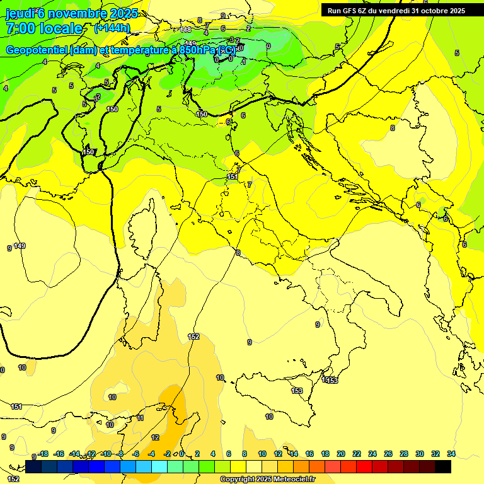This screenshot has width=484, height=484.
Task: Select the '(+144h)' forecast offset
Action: (x=112, y=28)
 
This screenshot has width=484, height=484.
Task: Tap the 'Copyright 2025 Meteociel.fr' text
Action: (x=267, y=480)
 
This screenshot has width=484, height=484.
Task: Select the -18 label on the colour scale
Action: (x=43, y=454)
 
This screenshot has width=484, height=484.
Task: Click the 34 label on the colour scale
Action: (x=451, y=454)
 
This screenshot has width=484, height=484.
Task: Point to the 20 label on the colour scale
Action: (x=341, y=454)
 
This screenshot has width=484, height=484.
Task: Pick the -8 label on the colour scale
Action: (x=120, y=454)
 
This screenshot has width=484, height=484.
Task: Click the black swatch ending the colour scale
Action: (x=443, y=466)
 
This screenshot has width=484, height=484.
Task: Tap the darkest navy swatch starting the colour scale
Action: (x=34, y=466)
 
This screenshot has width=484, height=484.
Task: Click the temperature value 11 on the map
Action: (x=140, y=418)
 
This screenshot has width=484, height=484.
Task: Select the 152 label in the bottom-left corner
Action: (x=13, y=479)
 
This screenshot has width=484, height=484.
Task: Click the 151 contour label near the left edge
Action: (x=17, y=406)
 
